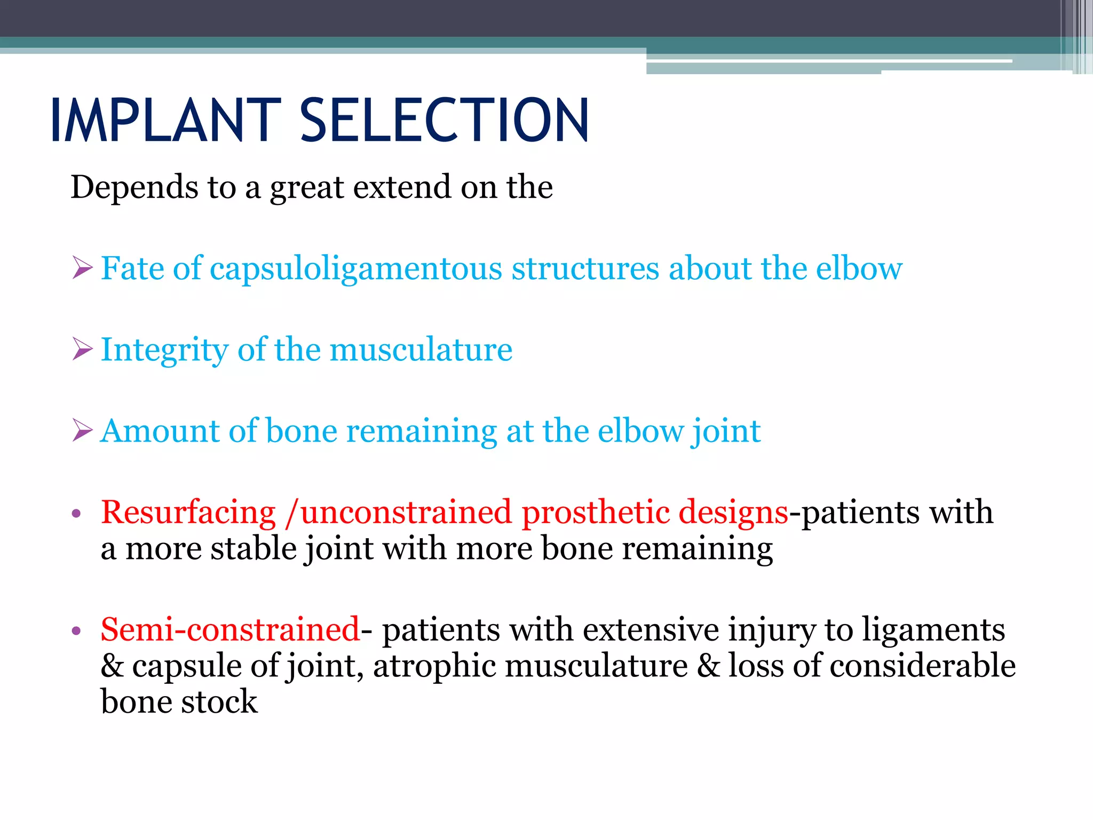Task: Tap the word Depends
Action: pyautogui.click(x=134, y=188)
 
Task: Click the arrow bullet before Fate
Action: pyautogui.click(x=83, y=267)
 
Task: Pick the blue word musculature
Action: pyautogui.click(x=421, y=350)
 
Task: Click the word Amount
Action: pyautogui.click(x=160, y=431)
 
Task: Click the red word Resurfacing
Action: pyautogui.click(x=188, y=512)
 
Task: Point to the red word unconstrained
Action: pyautogui.click(x=405, y=512)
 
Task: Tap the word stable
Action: pyautogui.click(x=254, y=549)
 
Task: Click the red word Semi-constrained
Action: pyautogui.click(x=230, y=629)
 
